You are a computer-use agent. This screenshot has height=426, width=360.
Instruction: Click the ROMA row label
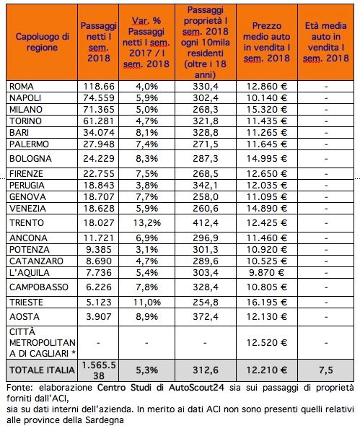pos(22,87)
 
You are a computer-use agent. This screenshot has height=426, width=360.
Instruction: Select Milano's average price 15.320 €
pos(267,110)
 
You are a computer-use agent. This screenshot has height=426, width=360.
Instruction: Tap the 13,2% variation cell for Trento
pos(147,223)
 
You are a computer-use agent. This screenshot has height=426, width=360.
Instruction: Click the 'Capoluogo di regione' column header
pos(42,42)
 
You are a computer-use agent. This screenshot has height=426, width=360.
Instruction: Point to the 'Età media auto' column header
pos(326,42)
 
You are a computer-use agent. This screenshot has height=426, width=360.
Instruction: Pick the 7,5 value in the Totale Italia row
pos(326,370)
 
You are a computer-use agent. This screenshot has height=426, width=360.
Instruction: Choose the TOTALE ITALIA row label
pos(42,370)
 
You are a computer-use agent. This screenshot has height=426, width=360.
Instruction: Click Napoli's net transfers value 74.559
pos(99,97)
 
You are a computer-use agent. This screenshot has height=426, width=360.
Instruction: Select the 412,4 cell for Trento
pos(206,223)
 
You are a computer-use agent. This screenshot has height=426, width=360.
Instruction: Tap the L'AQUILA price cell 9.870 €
pos(267,272)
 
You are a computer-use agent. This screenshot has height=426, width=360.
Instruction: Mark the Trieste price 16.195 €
pos(267,302)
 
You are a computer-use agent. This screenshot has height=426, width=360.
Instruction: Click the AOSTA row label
pos(25,317)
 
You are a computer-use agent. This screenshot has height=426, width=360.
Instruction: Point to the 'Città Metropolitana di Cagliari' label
pos(43,342)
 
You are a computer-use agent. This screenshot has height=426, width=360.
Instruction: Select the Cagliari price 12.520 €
pos(267,342)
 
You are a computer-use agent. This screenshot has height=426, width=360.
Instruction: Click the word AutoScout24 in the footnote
pos(196,388)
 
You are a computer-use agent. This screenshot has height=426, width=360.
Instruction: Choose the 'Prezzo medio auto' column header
pos(267,42)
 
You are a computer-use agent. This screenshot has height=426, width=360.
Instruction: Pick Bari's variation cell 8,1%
pos(147,133)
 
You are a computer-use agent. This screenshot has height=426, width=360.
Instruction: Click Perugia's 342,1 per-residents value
pos(206,186)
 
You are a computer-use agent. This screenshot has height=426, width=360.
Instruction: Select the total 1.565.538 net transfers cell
pos(99,370)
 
